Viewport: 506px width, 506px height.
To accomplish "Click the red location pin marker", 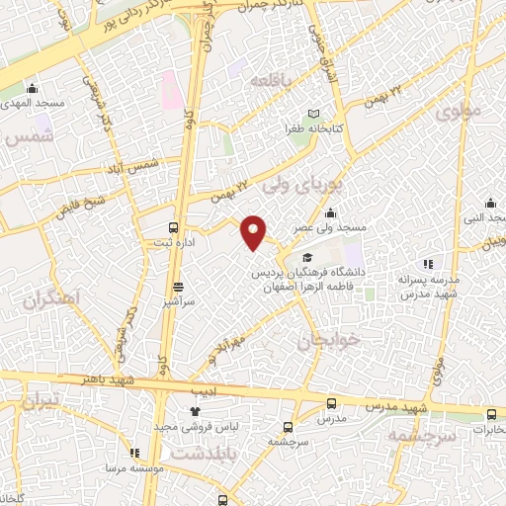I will [x=254, y=232].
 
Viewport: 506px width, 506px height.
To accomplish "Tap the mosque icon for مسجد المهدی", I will [x=33, y=87].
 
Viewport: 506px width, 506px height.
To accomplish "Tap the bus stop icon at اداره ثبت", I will [x=174, y=225].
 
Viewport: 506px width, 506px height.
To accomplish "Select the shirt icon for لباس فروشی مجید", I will [x=194, y=411].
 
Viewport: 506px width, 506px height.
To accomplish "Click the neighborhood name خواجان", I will [x=323, y=341].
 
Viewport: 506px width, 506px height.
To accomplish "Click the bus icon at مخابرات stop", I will [x=491, y=414].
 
